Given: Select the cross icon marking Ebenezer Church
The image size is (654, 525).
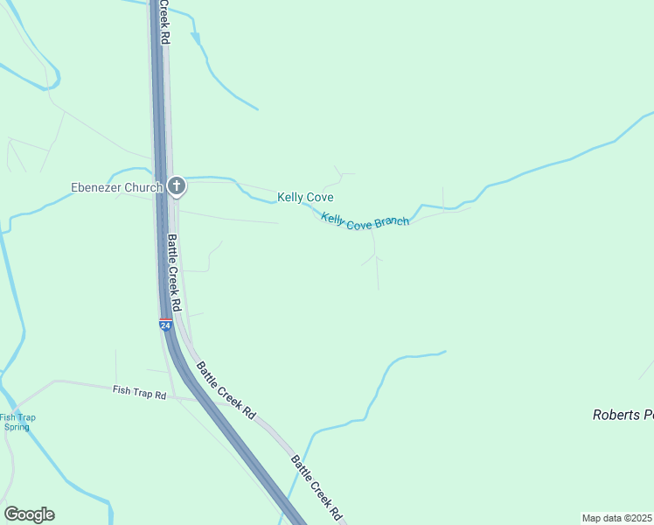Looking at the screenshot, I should tap(177, 185).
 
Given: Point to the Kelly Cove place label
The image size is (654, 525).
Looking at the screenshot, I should tap(305, 198).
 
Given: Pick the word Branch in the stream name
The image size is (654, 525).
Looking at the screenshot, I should tap(392, 221).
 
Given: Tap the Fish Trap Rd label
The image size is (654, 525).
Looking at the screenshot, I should tap(139, 394).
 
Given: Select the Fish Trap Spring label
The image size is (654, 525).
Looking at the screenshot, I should tap(15, 422).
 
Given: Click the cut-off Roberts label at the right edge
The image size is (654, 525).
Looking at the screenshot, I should tap(623, 415).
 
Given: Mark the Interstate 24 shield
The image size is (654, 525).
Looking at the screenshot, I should tap(165, 325).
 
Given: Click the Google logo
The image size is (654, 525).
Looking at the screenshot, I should tap(29, 514).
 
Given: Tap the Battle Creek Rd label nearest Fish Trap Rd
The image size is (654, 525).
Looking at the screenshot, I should tap(226, 390).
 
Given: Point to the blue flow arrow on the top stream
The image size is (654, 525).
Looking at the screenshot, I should tap(196, 39).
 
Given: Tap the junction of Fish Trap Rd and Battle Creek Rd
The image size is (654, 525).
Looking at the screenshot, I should tap(178, 398).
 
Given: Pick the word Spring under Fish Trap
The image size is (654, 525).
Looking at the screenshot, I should tap(17, 427).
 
